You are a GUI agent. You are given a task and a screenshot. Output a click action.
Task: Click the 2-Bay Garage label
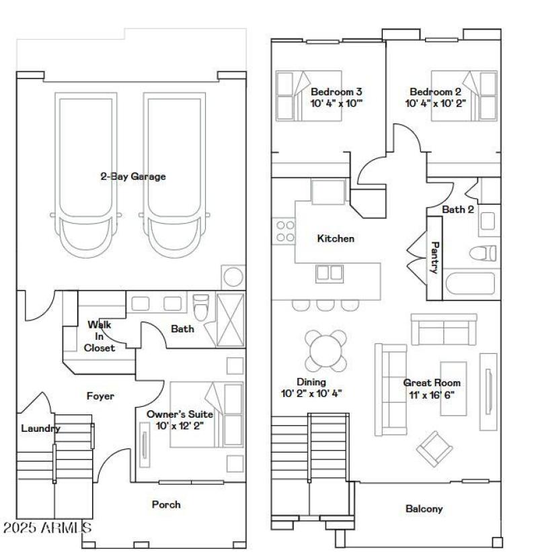point(133,177)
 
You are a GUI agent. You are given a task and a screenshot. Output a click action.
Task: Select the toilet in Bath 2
point(483,254)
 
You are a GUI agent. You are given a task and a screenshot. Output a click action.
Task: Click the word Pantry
point(434,257)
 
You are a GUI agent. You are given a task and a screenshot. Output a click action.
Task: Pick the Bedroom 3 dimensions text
point(336,104)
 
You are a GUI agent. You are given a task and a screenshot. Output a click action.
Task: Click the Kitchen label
point(336,238)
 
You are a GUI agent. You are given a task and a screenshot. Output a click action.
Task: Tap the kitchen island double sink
point(330,273)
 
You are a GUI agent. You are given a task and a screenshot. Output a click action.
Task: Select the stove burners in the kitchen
point(285,232)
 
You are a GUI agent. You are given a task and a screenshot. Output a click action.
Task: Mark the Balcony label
point(424,509)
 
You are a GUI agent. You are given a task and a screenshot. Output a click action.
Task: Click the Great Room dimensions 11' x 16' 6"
point(432,394)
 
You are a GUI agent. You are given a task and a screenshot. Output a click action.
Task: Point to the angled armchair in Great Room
point(436,449)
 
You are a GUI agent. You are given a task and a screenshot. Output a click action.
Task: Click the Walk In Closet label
point(100,336)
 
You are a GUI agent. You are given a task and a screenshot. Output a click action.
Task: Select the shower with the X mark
point(231,318)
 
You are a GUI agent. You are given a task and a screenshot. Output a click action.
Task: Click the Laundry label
point(40,428)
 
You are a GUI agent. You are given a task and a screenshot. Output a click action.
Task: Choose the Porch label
point(166,504)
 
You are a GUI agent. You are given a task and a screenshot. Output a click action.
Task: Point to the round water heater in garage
point(233,277)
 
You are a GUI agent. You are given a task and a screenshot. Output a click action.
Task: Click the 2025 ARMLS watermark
point(47,528)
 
